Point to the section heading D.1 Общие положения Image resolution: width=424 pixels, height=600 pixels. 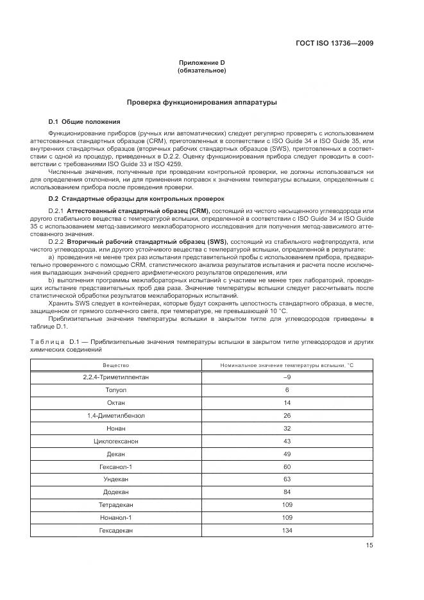coord(84,121)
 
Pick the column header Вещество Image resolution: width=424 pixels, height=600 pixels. coord(115,364)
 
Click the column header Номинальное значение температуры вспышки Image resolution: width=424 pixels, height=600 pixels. coord(287,364)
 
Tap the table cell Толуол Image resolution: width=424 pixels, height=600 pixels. coord(115,390)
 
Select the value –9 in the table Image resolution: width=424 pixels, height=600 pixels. coord(287,377)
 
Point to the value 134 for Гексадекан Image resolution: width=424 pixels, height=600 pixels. coord(287,529)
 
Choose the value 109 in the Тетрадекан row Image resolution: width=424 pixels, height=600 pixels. coord(287,504)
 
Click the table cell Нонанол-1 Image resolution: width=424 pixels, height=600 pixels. coord(115,517)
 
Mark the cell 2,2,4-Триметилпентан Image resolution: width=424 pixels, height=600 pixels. coord(115,377)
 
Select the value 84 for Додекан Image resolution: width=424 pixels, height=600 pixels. coord(287,492)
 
